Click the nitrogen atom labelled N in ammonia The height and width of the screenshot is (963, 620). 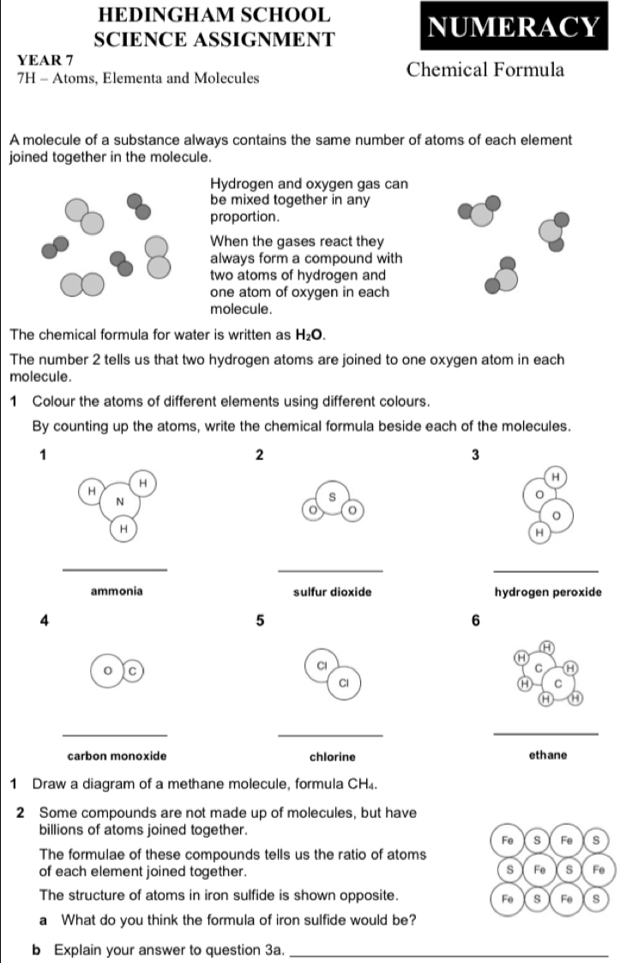(x=120, y=500)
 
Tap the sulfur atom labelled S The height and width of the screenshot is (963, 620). (x=330, y=496)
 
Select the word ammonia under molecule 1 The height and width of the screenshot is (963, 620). (x=117, y=591)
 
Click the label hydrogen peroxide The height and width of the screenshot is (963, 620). (x=547, y=591)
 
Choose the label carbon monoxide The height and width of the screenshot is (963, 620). (x=117, y=756)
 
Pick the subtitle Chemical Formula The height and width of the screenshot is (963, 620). (x=486, y=70)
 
